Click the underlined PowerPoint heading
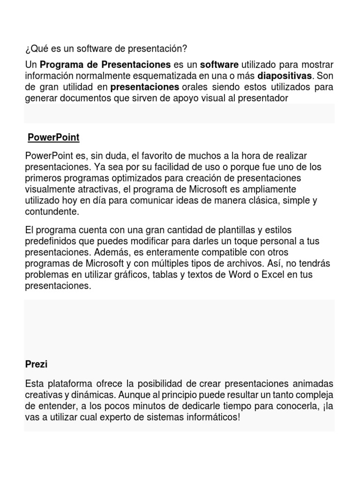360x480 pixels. [x=53, y=137]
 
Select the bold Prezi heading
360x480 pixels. [x=34, y=364]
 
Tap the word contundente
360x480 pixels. [x=52, y=212]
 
